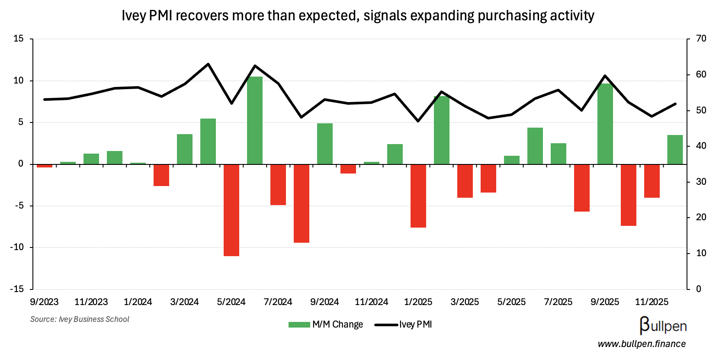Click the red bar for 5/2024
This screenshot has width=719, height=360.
tap(231, 210)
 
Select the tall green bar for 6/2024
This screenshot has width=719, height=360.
tap(255, 120)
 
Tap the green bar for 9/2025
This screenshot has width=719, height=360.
tap(605, 124)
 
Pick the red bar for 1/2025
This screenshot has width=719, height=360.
tap(418, 196)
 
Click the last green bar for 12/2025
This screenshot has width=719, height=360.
tap(675, 150)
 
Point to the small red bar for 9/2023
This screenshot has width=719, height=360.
tap(45, 166)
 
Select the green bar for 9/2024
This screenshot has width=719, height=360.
tap(325, 144)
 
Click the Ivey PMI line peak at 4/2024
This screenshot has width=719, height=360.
tap(208, 64)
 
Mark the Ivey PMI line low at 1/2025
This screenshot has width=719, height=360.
tap(418, 121)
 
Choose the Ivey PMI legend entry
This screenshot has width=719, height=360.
tap(404, 325)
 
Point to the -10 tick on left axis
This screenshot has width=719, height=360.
tap(18, 247)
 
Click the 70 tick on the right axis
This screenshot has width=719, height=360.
tap(701, 39)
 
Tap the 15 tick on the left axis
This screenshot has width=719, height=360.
tap(19, 39)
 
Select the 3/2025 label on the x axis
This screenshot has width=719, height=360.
tap(465, 302)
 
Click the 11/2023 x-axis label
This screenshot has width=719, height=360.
tap(91, 302)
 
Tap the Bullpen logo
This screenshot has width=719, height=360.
tap(663, 325)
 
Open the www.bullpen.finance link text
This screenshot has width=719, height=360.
tap(642, 344)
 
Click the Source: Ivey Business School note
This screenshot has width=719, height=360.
tap(80, 319)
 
